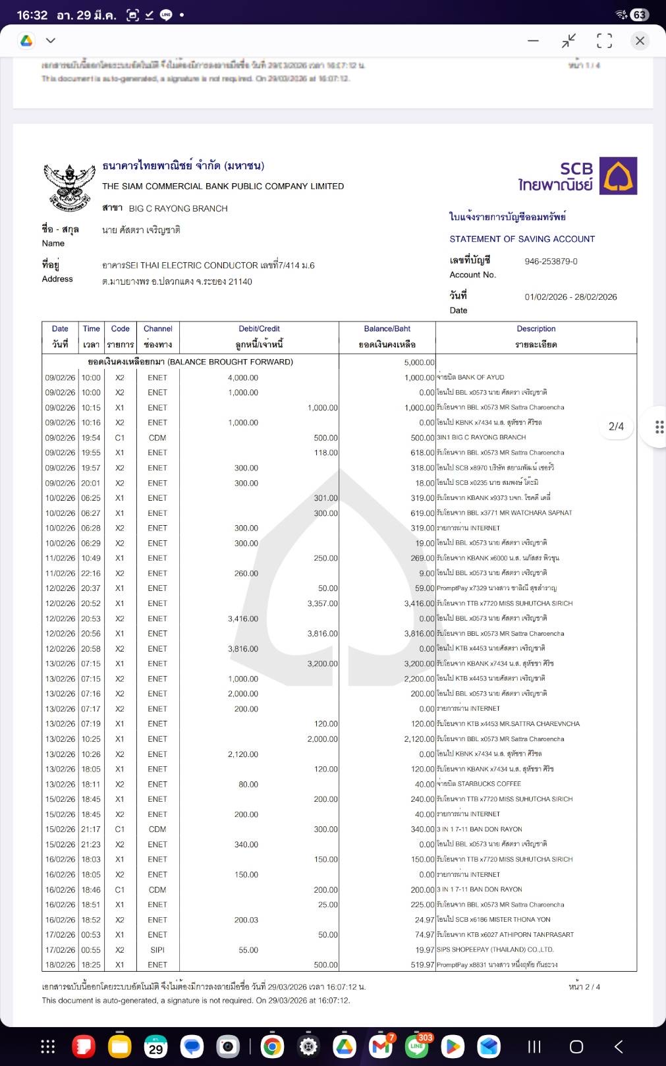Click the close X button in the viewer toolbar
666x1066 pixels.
639,41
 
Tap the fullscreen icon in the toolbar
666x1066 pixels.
604,41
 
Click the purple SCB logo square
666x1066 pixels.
618,176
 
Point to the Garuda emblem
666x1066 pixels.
69,186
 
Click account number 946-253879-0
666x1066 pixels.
551,262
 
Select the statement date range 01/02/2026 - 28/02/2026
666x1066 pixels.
570,297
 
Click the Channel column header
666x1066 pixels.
158,329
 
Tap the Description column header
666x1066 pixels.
536,329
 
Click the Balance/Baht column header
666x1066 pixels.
387,329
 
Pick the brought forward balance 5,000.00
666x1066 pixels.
419,362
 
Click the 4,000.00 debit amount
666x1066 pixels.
243,378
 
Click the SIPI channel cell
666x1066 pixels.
157,950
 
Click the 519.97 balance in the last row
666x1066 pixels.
422,965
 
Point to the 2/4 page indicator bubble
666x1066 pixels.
616,427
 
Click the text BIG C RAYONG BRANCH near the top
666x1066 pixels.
178,209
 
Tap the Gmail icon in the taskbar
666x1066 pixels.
381,1046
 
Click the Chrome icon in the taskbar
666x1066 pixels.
272,1046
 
